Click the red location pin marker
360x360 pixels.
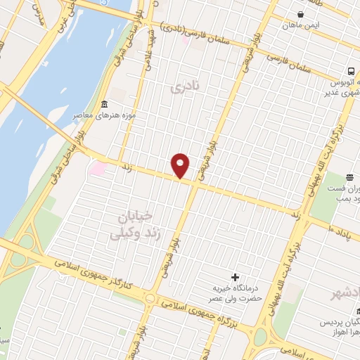coord(181,165)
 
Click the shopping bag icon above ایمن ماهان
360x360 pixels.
coord(301,14)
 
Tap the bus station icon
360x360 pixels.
coord(351,71)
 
